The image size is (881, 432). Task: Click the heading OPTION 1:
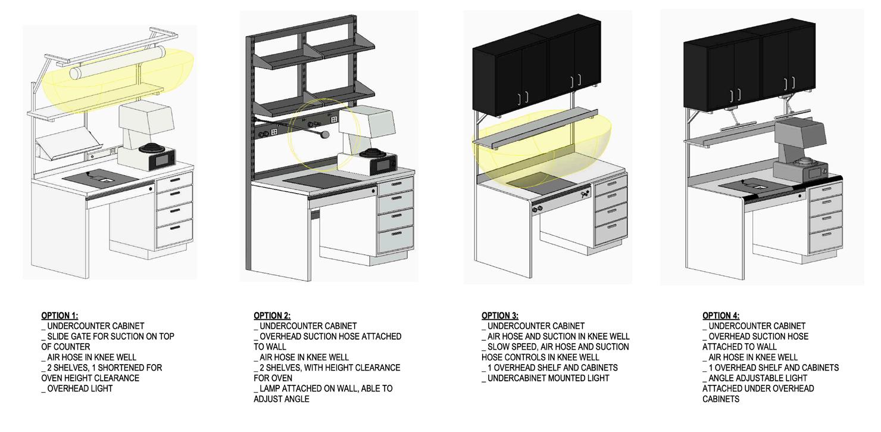point(60,316)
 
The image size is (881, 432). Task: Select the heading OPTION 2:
point(272,316)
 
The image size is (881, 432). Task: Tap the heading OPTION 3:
point(500,316)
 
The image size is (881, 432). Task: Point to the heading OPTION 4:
point(721,316)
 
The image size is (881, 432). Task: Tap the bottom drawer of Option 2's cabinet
point(396,240)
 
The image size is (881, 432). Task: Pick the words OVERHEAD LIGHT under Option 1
point(80,389)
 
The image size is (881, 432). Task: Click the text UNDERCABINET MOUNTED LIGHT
point(548,378)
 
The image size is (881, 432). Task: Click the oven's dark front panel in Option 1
point(160,159)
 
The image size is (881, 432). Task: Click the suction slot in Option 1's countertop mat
point(105,178)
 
